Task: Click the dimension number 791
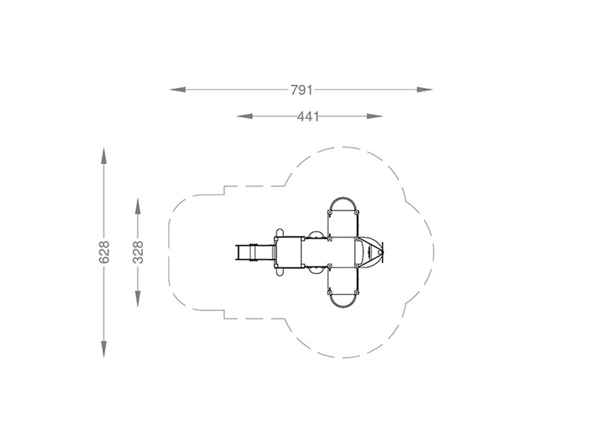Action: (x=302, y=90)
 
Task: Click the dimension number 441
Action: (x=308, y=116)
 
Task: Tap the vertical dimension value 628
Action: (x=104, y=252)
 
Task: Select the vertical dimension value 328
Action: (x=138, y=252)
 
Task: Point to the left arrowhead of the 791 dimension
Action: (x=177, y=89)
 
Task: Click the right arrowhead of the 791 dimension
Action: (x=425, y=89)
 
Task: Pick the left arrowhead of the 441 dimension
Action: (x=245, y=116)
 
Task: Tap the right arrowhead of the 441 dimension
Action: (x=375, y=116)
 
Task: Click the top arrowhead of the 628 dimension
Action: (x=103, y=156)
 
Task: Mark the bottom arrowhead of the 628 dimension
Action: (x=103, y=349)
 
